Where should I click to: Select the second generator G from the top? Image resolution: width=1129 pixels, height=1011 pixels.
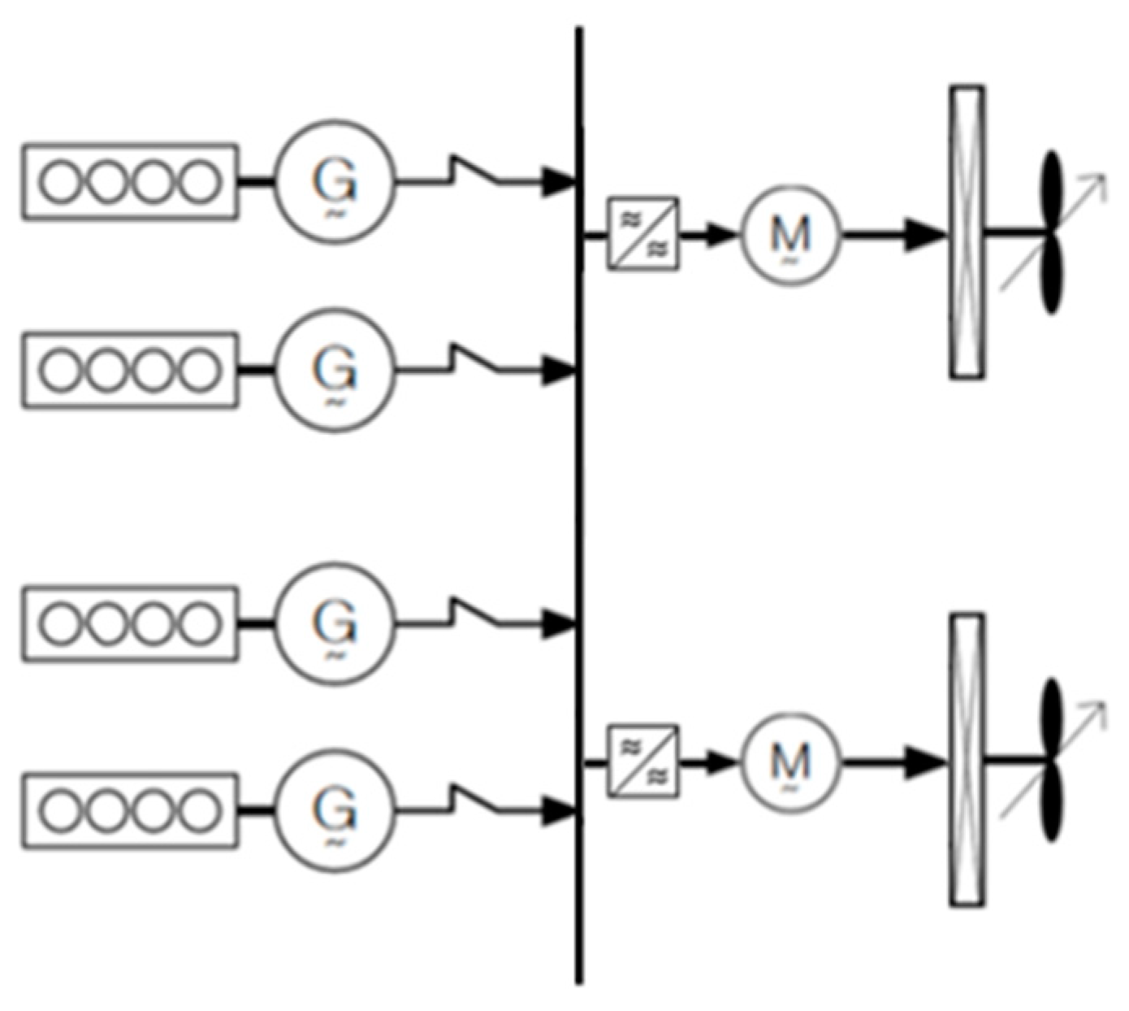click(335, 370)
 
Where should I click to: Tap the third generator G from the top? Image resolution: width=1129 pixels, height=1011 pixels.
click(335, 623)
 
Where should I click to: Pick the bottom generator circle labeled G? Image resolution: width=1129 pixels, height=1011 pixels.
click(335, 810)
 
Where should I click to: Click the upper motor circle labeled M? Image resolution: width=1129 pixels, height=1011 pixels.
click(790, 236)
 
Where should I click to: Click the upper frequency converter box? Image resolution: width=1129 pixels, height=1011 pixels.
click(643, 234)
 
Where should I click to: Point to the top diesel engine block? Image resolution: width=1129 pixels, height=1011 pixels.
click(130, 181)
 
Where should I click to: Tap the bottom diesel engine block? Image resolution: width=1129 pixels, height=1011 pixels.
click(130, 810)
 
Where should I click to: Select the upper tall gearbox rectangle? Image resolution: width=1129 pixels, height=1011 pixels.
click(967, 232)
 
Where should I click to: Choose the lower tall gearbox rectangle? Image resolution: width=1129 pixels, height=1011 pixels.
click(967, 760)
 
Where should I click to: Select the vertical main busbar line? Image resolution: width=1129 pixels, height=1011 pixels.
click(579, 504)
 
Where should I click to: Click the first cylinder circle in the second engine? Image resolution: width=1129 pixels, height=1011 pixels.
click(63, 370)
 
